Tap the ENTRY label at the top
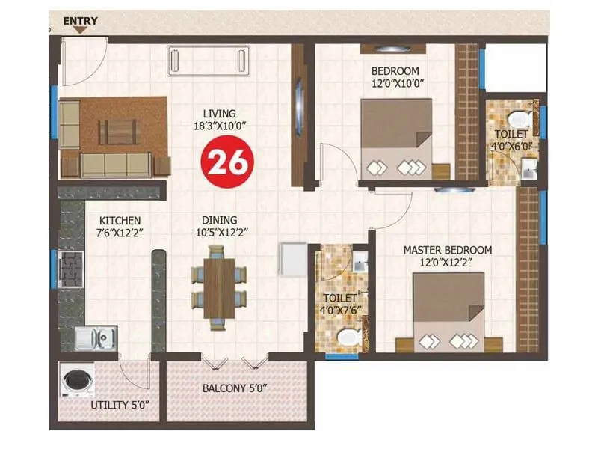[x=79, y=21]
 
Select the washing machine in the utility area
[x=75, y=382]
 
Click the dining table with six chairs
[x=218, y=287]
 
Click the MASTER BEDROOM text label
[x=447, y=249]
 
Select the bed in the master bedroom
[x=448, y=312]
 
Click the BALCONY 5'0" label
[x=235, y=389]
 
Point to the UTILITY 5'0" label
[x=120, y=405]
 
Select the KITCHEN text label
[x=120, y=221]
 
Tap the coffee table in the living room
[x=118, y=131]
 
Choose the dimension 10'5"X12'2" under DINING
[x=219, y=233]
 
